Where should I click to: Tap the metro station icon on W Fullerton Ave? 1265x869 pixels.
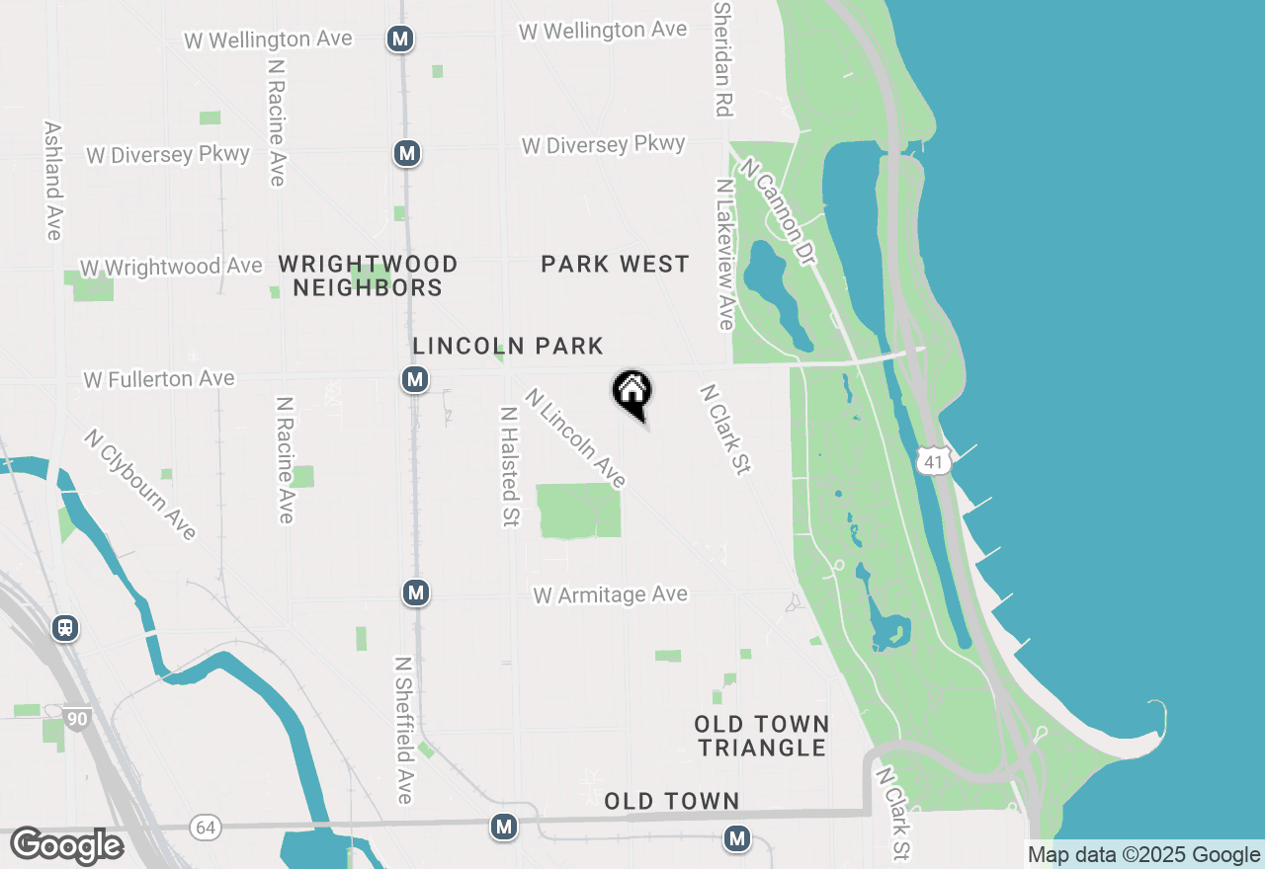coord(415,379)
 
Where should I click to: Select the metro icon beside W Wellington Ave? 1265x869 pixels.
coord(399,39)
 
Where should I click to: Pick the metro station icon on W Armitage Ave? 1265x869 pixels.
coord(416,592)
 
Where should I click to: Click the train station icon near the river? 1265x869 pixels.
coord(66,627)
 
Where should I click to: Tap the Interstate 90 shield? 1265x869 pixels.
coord(77,718)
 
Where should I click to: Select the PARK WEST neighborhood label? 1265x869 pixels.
coord(615,265)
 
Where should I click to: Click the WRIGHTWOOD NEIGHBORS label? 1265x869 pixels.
coord(368,276)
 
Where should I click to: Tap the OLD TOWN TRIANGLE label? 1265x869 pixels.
coord(761,736)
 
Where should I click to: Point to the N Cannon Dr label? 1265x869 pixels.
coord(779,211)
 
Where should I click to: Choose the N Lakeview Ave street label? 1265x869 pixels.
coord(725,254)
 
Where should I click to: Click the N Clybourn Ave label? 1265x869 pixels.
coord(140,484)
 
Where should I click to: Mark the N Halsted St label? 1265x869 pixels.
coord(510,466)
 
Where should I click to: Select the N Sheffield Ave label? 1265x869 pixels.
coord(403,730)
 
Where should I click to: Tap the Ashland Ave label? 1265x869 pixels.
coord(53,181)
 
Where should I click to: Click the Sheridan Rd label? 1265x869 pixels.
coord(723,58)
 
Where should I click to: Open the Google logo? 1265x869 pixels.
coord(66,846)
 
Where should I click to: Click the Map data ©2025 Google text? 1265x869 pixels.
coord(1143,855)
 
